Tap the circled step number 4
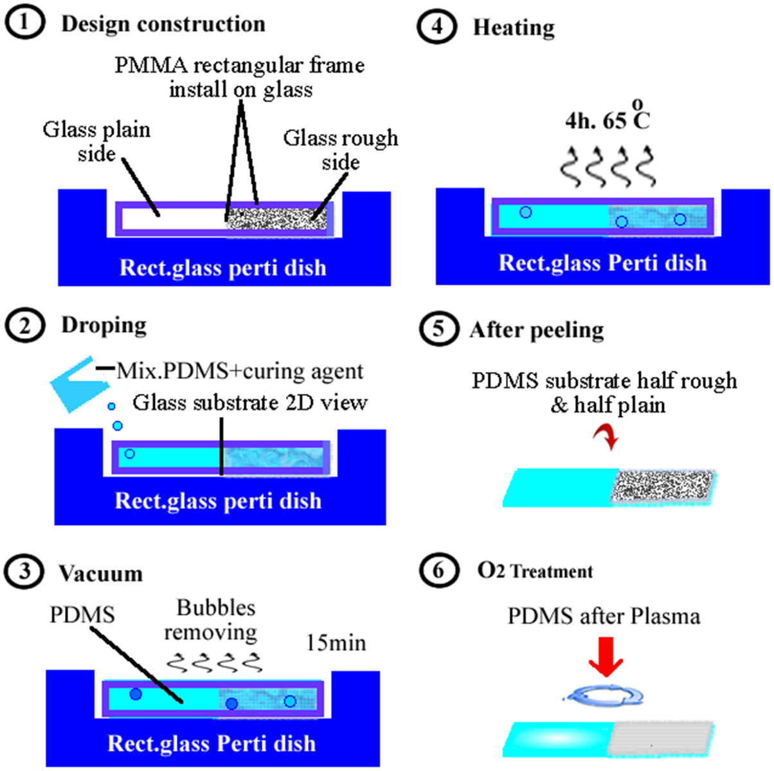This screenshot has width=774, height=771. point(437,28)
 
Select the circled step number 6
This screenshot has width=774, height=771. point(438,571)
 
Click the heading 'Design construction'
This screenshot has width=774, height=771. point(163,24)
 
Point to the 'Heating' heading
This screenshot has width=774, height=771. point(514,28)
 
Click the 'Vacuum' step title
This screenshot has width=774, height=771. point(100,573)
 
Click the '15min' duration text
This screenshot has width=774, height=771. point(336,642)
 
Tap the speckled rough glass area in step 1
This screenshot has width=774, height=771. point(276,218)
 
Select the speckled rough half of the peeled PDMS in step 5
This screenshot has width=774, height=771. point(662,486)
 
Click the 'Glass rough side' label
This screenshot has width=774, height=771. point(340,150)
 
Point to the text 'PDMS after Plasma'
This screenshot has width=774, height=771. point(604,616)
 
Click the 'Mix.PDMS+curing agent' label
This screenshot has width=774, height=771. point(240,371)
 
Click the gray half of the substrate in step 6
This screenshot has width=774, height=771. point(662,738)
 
